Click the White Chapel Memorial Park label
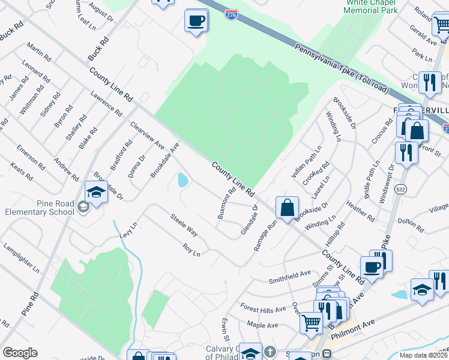click(363, 7)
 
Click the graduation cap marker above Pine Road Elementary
click(96, 193)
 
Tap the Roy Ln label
click(191, 250)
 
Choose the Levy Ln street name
click(129, 230)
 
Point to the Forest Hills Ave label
click(264, 310)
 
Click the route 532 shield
click(400, 190)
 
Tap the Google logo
click(20, 353)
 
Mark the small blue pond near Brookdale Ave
click(182, 179)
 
